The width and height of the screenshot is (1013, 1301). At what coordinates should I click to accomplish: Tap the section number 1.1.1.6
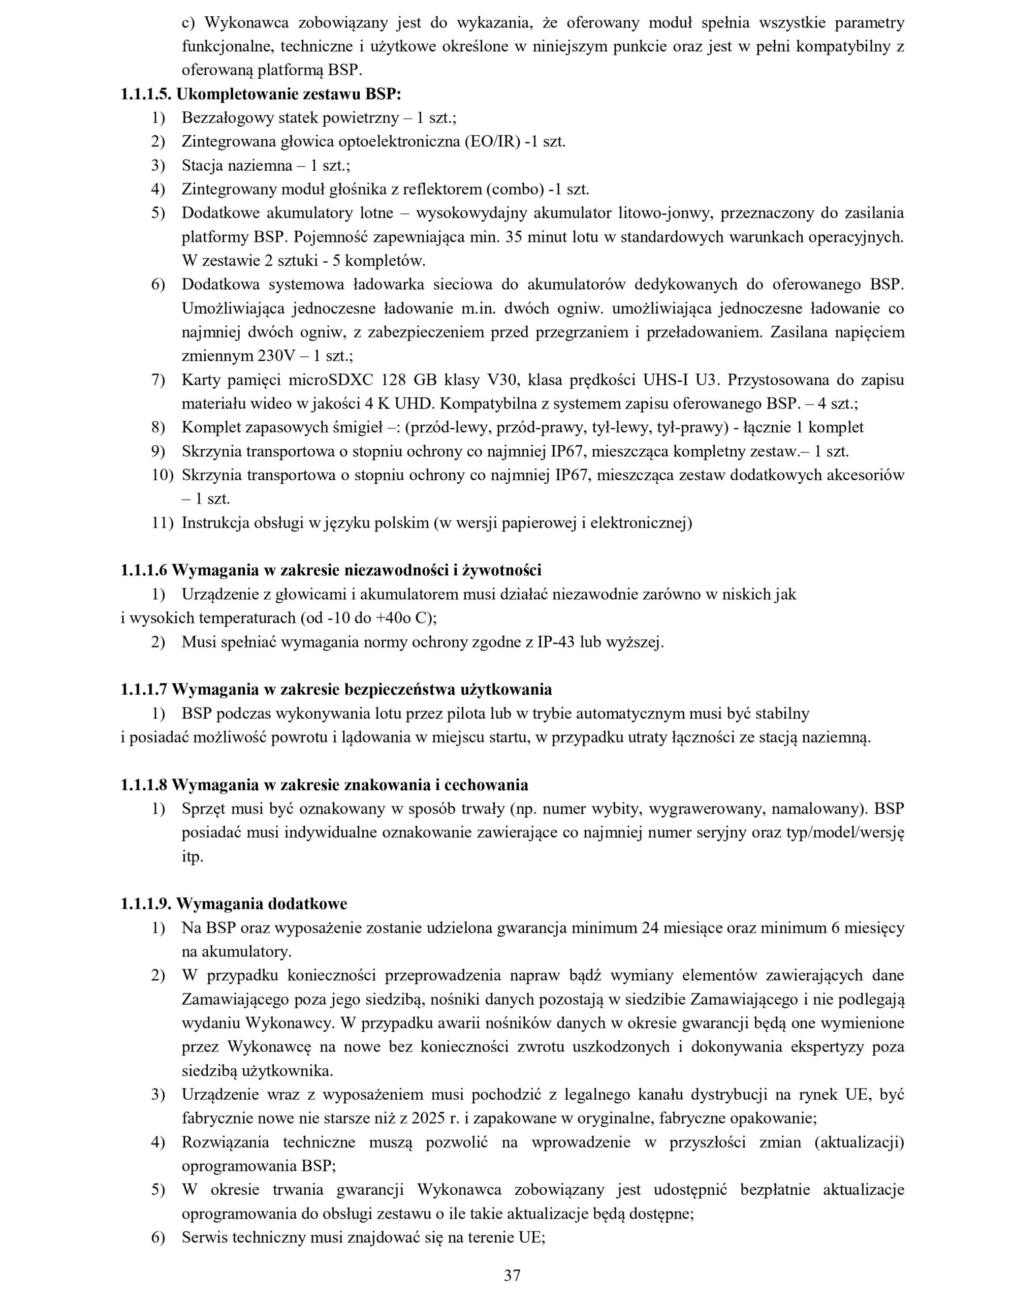pyautogui.click(x=144, y=570)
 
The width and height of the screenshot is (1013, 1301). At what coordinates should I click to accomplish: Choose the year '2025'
pyautogui.click(x=426, y=1119)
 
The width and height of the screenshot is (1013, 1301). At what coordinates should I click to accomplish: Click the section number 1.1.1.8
pyautogui.click(x=144, y=785)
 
